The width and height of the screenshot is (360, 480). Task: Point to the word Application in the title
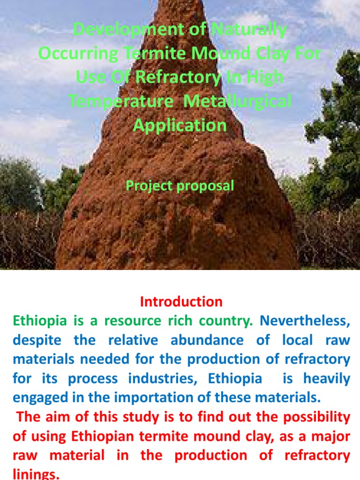(x=180, y=125)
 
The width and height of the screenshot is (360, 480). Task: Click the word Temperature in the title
(x=122, y=101)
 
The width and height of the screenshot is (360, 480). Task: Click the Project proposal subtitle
(x=180, y=186)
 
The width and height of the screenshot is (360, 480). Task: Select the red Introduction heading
(x=181, y=301)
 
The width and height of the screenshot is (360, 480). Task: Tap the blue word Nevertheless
(x=305, y=321)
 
